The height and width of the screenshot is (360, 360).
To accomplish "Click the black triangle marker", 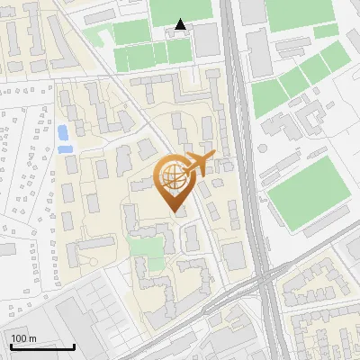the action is pyautogui.click(x=181, y=25).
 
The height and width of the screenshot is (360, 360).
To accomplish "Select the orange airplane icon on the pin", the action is pyautogui.click(x=197, y=163).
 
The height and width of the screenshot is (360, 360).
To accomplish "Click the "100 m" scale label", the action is pyautogui.click(x=24, y=338).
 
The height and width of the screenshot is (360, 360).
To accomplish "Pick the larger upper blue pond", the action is pyautogui.click(x=63, y=133).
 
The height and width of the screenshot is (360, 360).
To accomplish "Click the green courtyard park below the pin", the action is pyautogui.click(x=141, y=245).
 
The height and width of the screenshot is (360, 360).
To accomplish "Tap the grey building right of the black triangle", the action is pyautogui.click(x=206, y=38).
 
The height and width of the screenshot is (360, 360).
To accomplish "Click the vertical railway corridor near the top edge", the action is pyautogui.click(x=229, y=18).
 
